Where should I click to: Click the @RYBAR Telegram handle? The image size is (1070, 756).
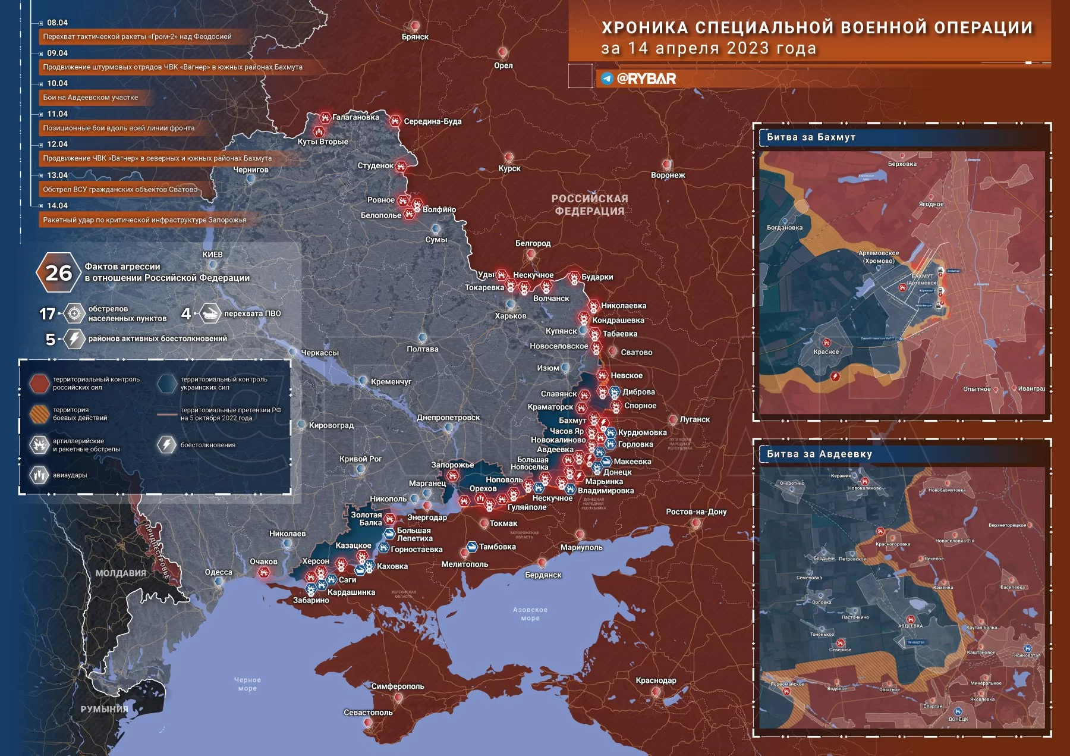tap(646, 79)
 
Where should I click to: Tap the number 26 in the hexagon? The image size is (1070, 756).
tap(58, 273)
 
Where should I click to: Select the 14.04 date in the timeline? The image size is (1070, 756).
tap(57, 206)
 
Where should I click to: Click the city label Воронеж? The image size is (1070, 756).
tap(668, 175)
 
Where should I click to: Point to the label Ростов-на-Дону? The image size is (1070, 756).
tap(695, 512)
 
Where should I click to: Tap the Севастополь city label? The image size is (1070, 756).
tap(368, 713)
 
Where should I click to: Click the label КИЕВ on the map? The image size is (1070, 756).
tap(212, 255)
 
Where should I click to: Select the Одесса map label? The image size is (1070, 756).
tap(218, 572)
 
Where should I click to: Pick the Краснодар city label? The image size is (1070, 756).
tap(656, 680)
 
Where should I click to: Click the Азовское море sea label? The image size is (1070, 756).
tap(530, 614)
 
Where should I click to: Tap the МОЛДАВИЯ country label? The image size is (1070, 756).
tap(121, 573)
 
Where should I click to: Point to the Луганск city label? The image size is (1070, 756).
tap(694, 419)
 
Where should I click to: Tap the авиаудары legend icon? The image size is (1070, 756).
tap(39, 475)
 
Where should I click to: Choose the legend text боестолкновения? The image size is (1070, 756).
tap(207, 445)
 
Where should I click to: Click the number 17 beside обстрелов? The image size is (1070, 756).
tap(48, 313)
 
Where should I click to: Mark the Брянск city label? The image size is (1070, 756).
tap(415, 37)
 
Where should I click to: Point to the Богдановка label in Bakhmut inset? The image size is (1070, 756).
tap(784, 228)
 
